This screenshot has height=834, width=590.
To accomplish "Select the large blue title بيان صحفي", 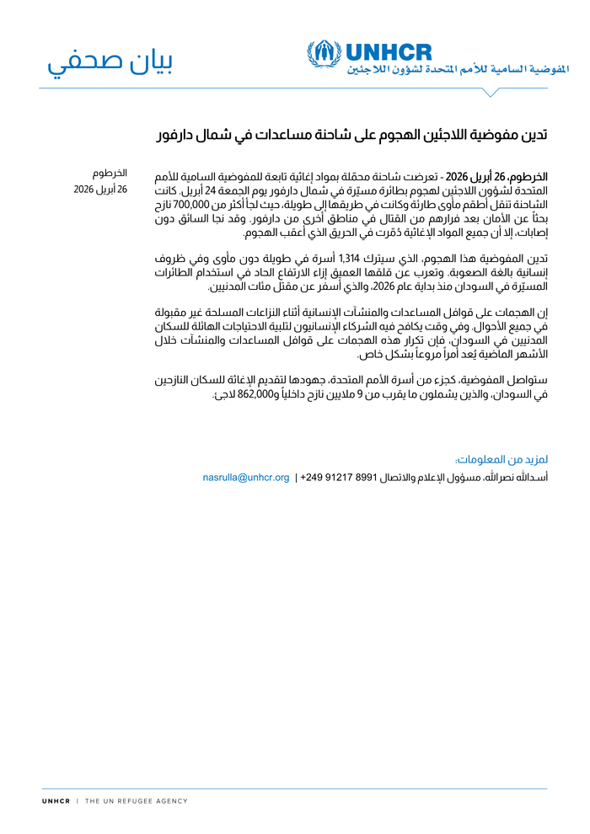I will [110, 62].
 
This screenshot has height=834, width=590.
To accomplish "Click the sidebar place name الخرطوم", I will [110, 174].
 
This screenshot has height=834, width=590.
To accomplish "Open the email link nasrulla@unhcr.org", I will [246, 478].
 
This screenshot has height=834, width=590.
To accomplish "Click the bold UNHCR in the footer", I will [56, 801].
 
